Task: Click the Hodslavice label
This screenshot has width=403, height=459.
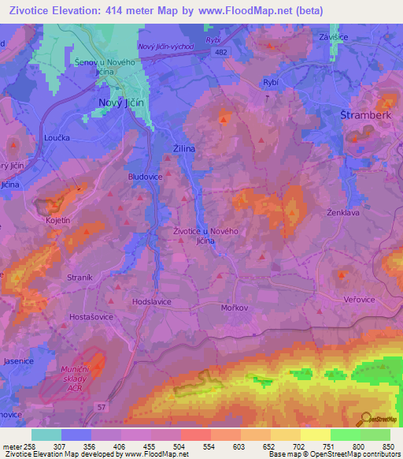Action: coord(152,301)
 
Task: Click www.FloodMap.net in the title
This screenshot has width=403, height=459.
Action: coord(236,10)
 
